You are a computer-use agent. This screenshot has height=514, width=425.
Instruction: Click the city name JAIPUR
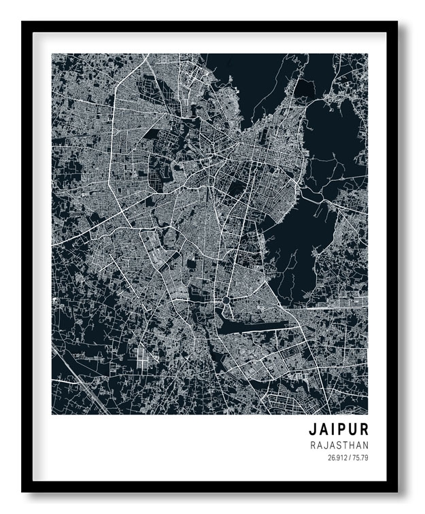[339, 430]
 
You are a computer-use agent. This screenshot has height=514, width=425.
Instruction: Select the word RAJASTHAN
[339, 445]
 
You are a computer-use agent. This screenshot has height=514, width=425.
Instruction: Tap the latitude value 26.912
[337, 458]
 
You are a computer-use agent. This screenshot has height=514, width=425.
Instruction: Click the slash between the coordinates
[348, 458]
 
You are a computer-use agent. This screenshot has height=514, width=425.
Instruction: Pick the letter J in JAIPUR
[313, 430]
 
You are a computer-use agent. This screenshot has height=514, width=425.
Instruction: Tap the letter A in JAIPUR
[323, 430]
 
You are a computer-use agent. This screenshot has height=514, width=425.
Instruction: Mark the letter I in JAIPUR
[332, 430]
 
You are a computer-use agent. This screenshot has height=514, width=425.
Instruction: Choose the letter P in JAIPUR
[341, 430]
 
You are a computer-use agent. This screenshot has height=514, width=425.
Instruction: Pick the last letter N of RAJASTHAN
[366, 445]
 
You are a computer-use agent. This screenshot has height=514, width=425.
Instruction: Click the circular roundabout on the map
[226, 300]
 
